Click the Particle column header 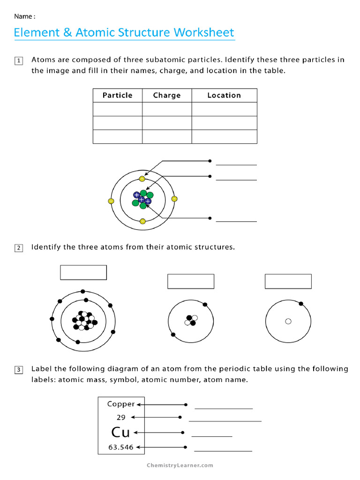tap(117, 95)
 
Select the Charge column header tap(167, 95)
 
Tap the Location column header tap(224, 95)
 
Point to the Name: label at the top tap(24, 16)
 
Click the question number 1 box tap(19, 60)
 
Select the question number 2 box tap(19, 248)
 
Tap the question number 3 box tap(19, 370)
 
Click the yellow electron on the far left tap(111, 201)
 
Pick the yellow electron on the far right tap(174, 199)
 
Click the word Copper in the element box tap(121, 404)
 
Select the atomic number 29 tap(121, 417)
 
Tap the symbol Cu tap(120, 432)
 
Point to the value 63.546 tap(121, 447)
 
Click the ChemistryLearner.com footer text tap(180, 465)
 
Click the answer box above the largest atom tap(83, 272)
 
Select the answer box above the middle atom tap(191, 281)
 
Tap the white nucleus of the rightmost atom tap(288, 321)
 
